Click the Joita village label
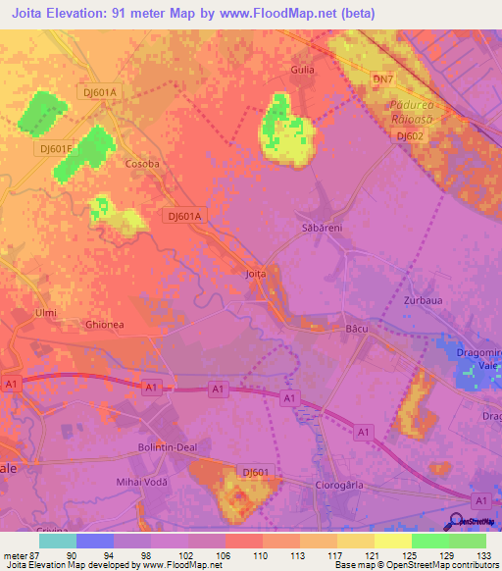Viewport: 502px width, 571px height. coord(255,274)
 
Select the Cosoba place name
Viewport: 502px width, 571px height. coord(142,165)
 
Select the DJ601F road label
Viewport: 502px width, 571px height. coord(55,149)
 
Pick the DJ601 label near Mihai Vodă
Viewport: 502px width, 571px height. coord(255,472)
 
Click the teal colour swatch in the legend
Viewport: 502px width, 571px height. coord(58,541)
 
